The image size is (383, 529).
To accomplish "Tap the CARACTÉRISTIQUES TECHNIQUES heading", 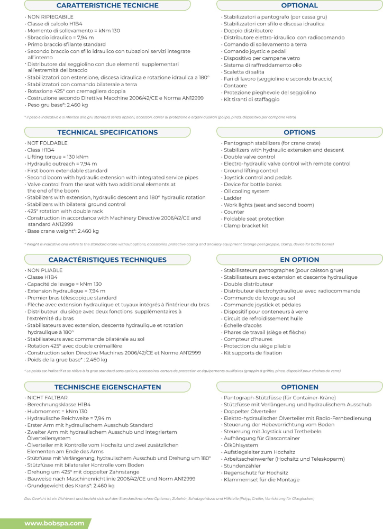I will point(107,260).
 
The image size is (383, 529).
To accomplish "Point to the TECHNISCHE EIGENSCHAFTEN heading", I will point(107,387).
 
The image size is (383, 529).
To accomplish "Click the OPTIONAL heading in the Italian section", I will point(299,5).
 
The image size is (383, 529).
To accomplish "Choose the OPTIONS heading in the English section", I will point(299,132).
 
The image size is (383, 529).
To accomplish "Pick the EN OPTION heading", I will point(299,260).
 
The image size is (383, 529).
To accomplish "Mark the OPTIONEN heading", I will point(299,387).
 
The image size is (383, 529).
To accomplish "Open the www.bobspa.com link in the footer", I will point(54,523).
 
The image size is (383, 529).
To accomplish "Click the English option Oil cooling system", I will point(247,191).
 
